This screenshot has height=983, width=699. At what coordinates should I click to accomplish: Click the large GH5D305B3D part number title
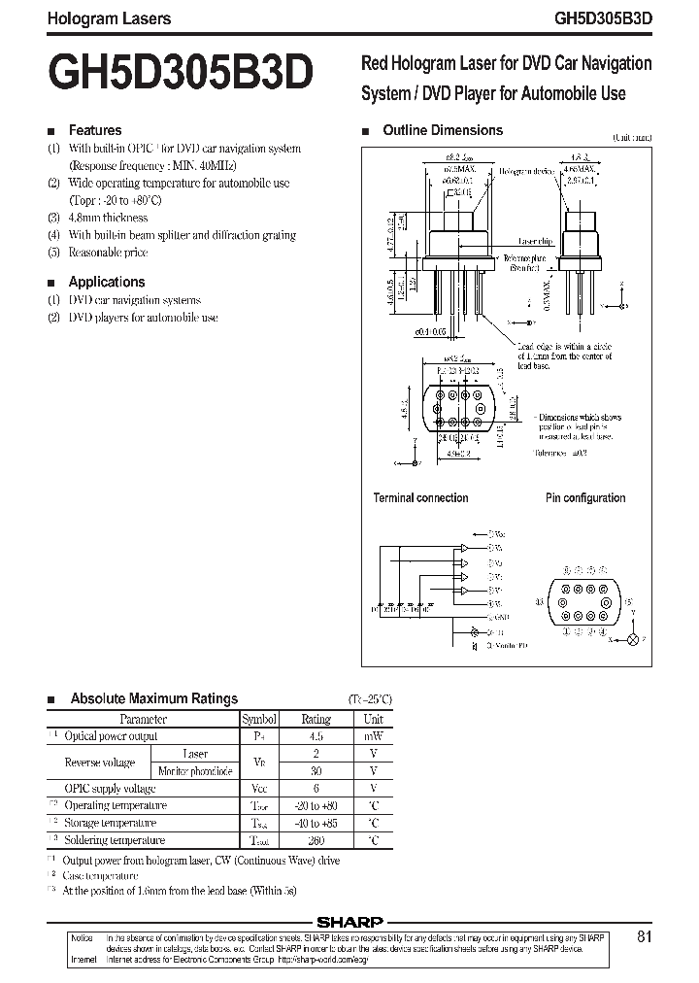[x=179, y=72]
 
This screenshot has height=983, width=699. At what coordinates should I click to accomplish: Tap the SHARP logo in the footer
[x=349, y=923]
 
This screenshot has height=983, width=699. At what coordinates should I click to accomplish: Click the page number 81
[x=645, y=937]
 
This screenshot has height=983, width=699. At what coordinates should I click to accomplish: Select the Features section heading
[x=94, y=130]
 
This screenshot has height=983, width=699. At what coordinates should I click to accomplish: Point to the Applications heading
[x=106, y=282]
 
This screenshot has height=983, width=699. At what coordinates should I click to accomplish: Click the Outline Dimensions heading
[x=443, y=130]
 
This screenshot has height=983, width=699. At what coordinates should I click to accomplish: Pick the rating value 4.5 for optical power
[x=316, y=736]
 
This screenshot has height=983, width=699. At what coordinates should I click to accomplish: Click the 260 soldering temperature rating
[x=316, y=840]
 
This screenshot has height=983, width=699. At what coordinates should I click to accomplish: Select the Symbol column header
[x=259, y=719]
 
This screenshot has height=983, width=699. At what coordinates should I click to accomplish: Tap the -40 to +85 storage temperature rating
[x=316, y=823]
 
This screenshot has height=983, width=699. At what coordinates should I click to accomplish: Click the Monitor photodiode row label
[x=195, y=771]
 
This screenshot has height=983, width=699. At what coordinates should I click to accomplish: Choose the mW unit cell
[x=373, y=736]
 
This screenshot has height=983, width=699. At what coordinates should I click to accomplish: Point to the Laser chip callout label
[x=535, y=241]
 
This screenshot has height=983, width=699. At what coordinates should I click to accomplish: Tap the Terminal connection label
[x=420, y=498]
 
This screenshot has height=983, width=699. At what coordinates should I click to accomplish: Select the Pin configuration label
[x=584, y=498]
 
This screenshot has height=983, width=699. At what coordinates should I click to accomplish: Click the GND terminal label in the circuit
[x=501, y=617]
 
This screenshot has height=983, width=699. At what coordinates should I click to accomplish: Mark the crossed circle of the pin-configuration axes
[x=636, y=639]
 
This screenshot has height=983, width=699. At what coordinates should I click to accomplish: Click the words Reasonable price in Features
[x=108, y=253]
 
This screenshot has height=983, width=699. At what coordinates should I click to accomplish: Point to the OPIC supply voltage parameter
[x=110, y=789]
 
